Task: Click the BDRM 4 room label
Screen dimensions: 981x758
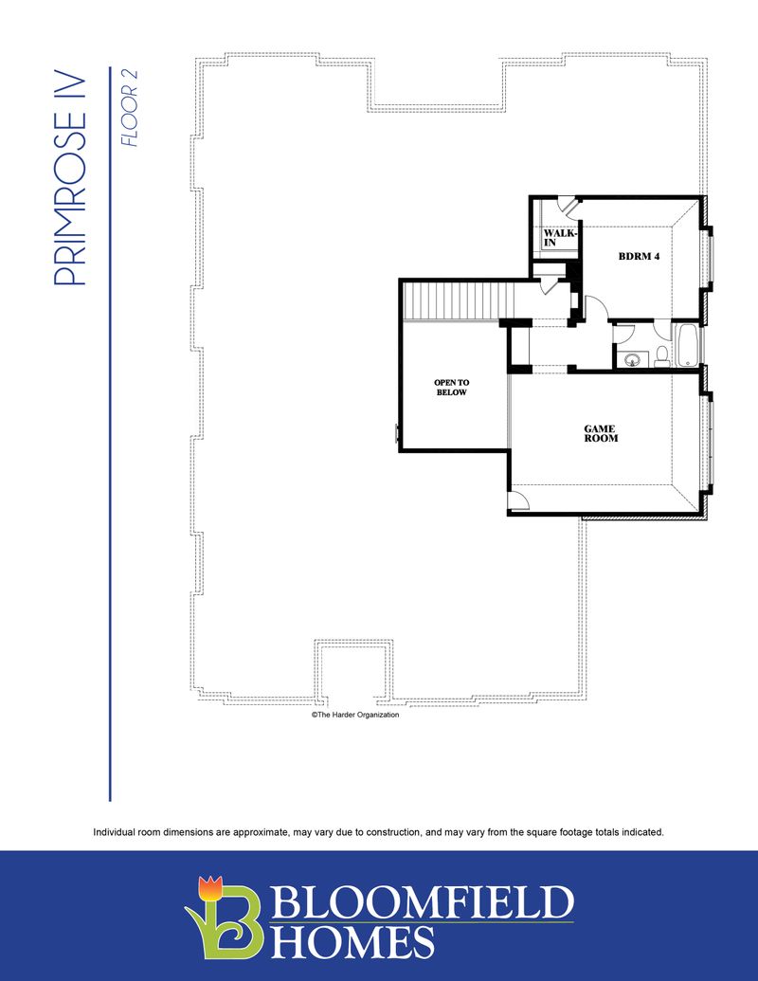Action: click(640, 256)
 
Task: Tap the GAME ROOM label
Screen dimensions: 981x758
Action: click(601, 434)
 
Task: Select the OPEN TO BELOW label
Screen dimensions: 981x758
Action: click(451, 387)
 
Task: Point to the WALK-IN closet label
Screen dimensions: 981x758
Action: click(556, 237)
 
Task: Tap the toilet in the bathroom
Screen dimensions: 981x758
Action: click(661, 356)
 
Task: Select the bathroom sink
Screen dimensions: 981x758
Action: click(633, 358)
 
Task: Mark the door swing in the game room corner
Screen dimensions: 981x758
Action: click(518, 502)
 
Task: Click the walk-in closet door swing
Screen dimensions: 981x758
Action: click(564, 203)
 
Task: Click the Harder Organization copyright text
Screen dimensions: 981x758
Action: click(355, 716)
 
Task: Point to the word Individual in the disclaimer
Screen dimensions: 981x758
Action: click(116, 832)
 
